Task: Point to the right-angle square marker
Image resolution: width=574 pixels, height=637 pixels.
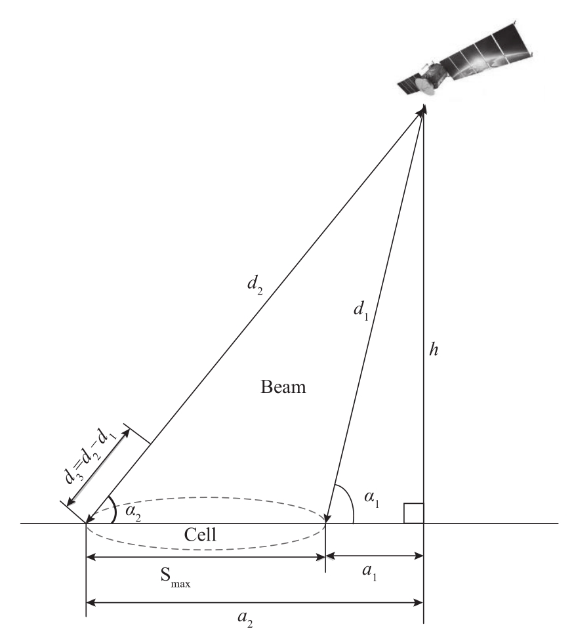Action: [x=414, y=514]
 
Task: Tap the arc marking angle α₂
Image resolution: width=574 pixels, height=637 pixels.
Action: [x=115, y=508]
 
